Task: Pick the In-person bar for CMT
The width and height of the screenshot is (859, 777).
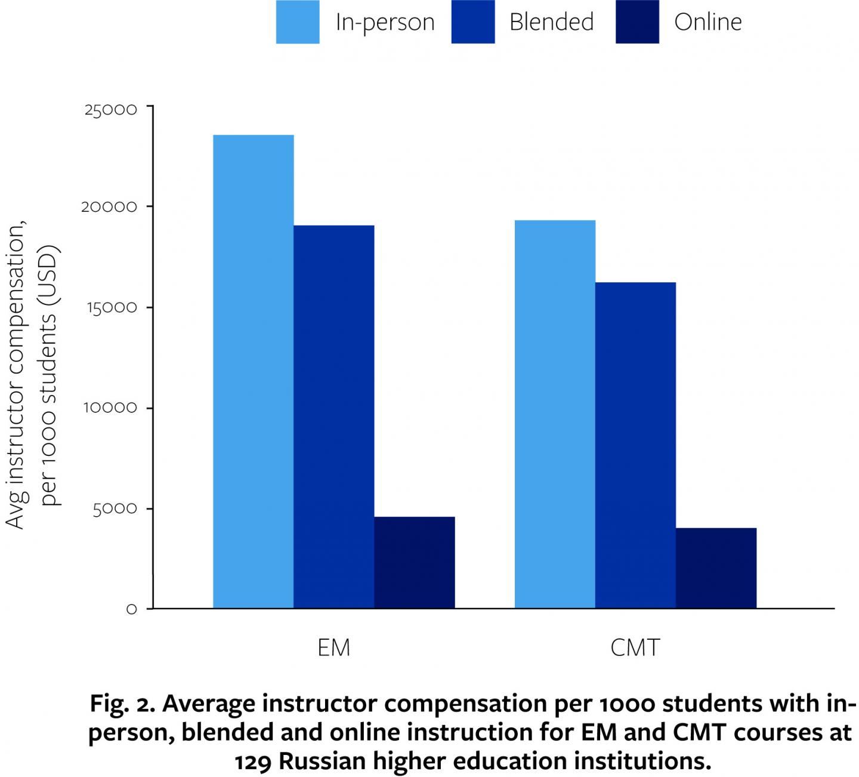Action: pos(555,414)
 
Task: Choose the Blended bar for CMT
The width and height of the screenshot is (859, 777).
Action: pos(635,445)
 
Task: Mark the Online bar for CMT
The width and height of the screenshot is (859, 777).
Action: pos(716,568)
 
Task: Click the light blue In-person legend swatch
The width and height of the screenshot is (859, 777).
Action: pos(297,22)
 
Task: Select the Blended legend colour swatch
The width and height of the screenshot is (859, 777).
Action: pos(472,22)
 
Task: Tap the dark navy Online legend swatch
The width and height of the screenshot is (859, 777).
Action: pos(637,22)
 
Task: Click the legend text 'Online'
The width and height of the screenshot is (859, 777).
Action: pos(707,22)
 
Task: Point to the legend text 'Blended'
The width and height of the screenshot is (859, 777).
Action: pos(551,22)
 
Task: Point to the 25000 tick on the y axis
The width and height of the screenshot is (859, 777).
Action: pos(110,110)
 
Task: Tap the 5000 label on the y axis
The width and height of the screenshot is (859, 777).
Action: pos(115,508)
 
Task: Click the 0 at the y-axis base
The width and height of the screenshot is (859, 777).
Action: pos(131,609)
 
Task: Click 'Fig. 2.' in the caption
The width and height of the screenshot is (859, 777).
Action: pos(122,704)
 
